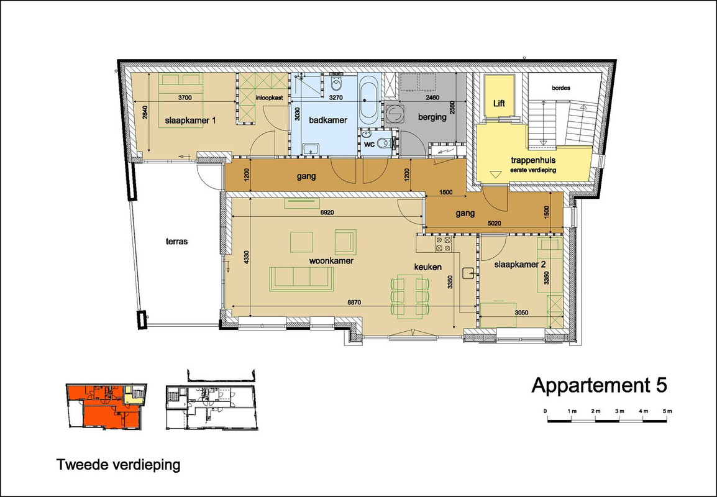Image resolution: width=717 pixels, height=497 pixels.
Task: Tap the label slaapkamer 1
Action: tap(190, 121)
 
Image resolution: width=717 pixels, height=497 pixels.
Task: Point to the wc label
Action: tap(370, 145)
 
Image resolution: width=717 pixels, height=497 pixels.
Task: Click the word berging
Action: tap(432, 117)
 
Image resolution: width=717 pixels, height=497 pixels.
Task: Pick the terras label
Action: tap(176, 242)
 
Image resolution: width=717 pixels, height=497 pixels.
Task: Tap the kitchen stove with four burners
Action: tap(442, 244)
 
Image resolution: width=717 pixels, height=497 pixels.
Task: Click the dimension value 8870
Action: tap(354, 302)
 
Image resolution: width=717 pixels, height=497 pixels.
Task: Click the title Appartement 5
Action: tap(599, 385)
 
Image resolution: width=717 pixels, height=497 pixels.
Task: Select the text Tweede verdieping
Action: tap(119, 465)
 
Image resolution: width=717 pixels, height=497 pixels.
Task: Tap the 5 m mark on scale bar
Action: tap(668, 411)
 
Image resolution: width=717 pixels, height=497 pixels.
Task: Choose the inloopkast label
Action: tap(269, 98)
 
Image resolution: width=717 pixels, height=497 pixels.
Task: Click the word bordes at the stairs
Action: tap(561, 88)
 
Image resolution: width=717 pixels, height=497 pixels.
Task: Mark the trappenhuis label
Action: tap(533, 161)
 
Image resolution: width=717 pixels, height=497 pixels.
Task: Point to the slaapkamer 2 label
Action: tap(520, 265)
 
